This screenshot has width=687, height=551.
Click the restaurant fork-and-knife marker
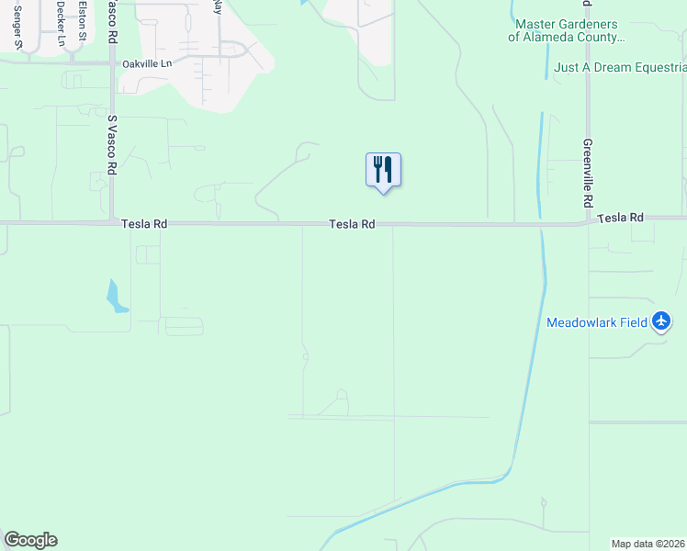click(x=383, y=170)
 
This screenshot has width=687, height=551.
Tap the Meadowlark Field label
click(x=597, y=322)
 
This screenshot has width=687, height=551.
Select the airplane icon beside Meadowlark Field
click(x=661, y=321)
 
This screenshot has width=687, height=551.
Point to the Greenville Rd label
click(x=588, y=172)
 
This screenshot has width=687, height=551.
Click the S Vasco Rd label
click(x=113, y=146)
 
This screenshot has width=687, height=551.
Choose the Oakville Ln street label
click(x=147, y=64)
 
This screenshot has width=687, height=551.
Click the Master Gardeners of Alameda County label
click(x=566, y=31)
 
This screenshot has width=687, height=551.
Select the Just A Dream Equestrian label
click(x=620, y=67)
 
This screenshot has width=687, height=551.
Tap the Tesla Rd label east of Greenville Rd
click(x=620, y=218)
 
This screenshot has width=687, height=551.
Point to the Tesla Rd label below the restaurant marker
click(x=353, y=224)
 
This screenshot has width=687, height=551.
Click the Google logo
click(x=30, y=540)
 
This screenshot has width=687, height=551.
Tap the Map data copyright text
click(x=648, y=544)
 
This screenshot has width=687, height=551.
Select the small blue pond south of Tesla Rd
click(x=116, y=297)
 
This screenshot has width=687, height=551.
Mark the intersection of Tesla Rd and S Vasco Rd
click(x=113, y=222)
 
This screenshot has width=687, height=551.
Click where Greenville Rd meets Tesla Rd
click(x=588, y=221)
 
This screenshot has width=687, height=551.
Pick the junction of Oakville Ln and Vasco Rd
click(x=113, y=62)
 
